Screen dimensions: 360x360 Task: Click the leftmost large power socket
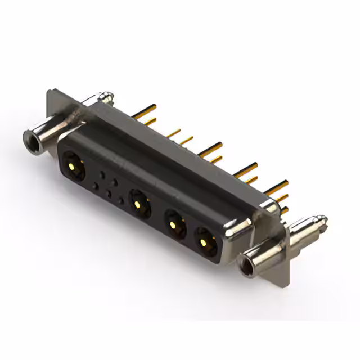[x=74, y=166]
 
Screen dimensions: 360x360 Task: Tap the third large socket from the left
[x=174, y=227]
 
